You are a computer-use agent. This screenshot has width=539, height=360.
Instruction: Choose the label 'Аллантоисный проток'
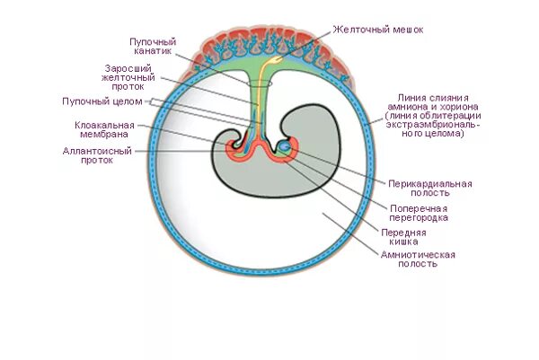[x=95, y=156]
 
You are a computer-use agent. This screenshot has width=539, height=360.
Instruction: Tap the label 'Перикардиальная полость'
[x=429, y=189]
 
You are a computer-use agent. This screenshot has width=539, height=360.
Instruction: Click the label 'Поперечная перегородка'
[x=418, y=213]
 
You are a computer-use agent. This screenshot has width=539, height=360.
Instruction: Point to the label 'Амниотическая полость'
[x=418, y=259]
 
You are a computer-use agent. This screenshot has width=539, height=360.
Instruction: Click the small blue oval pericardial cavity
[x=284, y=145]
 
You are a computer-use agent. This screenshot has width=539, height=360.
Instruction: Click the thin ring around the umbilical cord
[x=259, y=84]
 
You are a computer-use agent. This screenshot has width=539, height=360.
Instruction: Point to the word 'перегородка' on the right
[x=418, y=218]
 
